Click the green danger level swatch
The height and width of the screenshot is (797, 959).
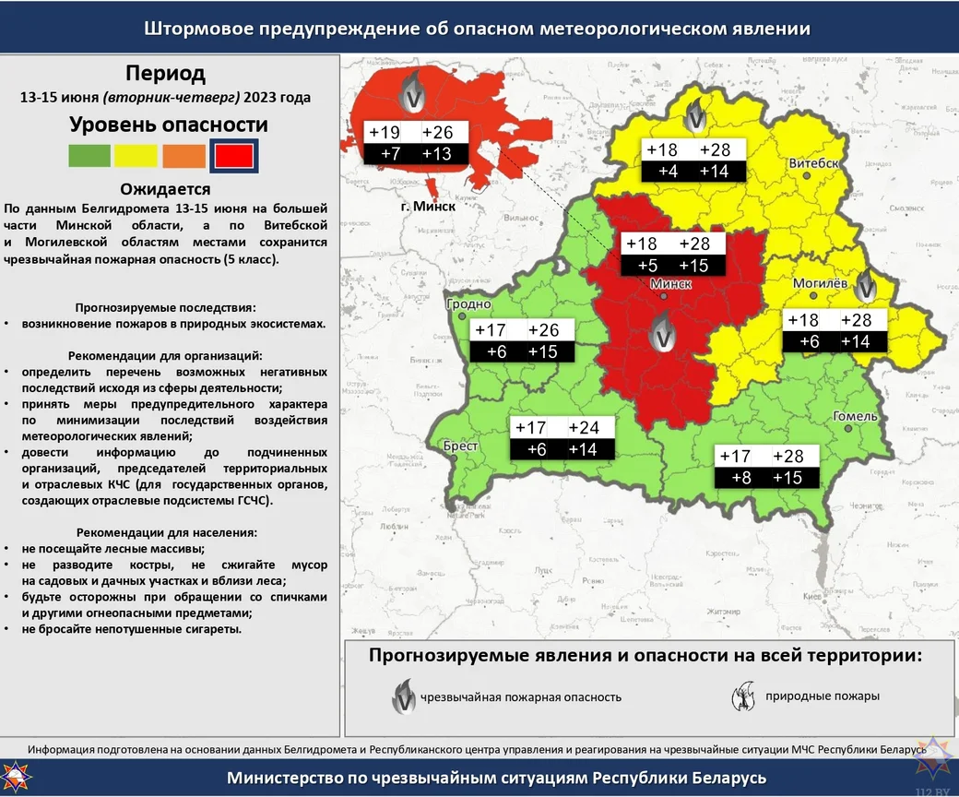coord(89,156)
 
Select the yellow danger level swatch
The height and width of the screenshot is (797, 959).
coord(136,156)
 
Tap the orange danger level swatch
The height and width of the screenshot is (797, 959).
coord(184,156)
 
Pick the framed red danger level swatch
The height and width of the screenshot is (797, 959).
coord(233,156)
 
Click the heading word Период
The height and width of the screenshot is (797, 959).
coord(166,73)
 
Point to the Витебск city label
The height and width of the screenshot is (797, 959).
coord(813,163)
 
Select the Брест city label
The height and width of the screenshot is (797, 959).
coord(460,446)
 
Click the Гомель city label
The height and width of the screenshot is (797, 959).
coord(855,416)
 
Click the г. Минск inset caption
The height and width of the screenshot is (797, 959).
coord(428,206)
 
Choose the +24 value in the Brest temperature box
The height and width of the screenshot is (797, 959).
coord(583,428)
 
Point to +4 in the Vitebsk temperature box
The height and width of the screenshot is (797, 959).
coord(667,172)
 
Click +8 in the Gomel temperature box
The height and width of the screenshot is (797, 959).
coord(740,478)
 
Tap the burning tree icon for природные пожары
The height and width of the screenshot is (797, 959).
coord(743,696)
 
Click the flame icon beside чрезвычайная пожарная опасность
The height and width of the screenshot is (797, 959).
coord(402,696)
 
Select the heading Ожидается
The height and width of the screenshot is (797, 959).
coord(166,189)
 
